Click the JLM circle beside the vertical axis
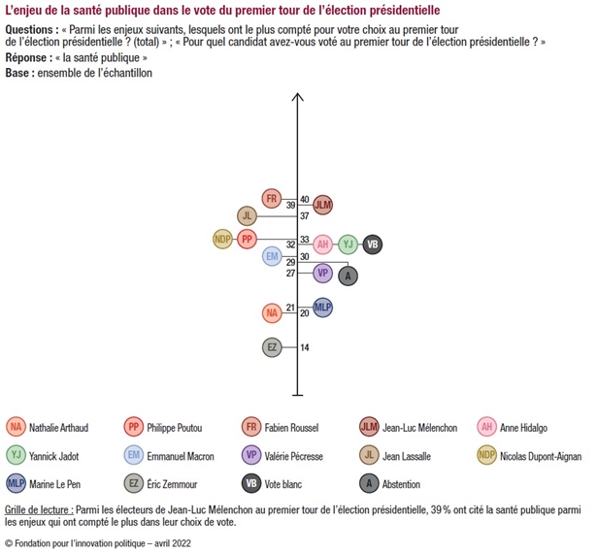[323, 206]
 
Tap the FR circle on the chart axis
[272, 199]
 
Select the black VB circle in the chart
[371, 244]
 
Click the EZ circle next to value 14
[272, 346]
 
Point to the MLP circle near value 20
[323, 308]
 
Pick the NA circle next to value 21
[272, 312]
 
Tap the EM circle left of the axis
[272, 256]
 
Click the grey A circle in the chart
[349, 276]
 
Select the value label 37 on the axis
[304, 215]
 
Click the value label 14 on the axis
[304, 347]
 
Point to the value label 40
[304, 199]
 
